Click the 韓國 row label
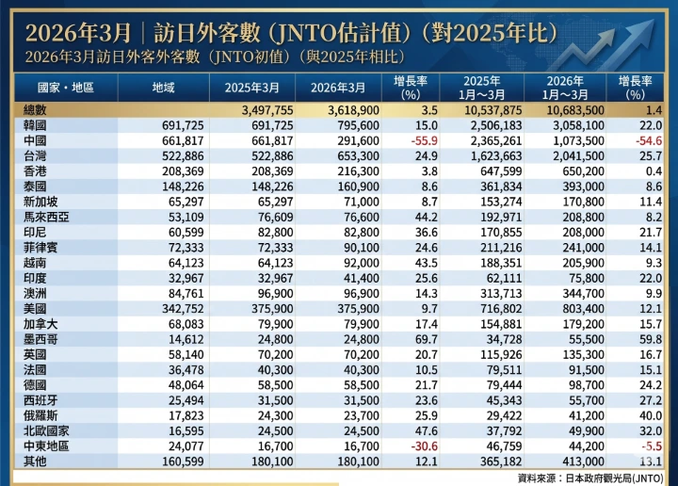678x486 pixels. coord(36,124)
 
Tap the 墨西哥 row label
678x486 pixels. coord(40,336)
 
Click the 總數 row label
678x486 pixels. coord(36,110)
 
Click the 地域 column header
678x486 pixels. coord(163,88)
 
